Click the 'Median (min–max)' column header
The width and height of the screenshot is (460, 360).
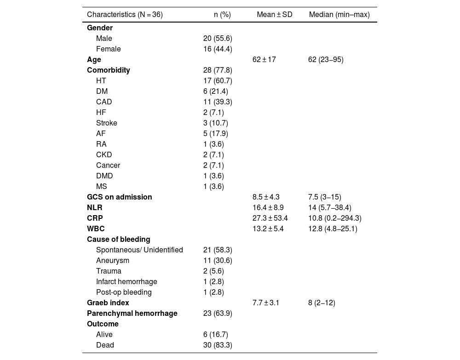click(339, 15)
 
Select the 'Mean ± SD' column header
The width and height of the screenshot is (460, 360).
click(274, 15)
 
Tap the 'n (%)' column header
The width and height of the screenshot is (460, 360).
click(222, 15)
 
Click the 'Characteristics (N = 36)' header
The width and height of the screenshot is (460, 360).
click(125, 15)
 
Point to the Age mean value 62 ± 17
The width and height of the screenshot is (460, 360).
click(264, 60)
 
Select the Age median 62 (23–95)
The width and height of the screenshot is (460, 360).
click(326, 60)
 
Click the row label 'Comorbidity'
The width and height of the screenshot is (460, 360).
click(109, 70)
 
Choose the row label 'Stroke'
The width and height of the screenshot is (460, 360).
click(107, 123)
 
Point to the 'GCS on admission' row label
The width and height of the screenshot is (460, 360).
click(120, 197)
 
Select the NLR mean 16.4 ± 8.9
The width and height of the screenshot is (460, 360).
click(268, 208)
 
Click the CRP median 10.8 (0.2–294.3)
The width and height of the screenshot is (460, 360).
click(334, 218)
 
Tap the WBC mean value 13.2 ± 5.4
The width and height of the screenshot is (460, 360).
click(268, 229)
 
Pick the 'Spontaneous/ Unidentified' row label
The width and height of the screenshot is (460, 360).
click(139, 250)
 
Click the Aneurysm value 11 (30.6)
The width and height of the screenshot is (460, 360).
click(218, 261)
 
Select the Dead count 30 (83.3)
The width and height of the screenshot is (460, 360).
click(218, 345)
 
